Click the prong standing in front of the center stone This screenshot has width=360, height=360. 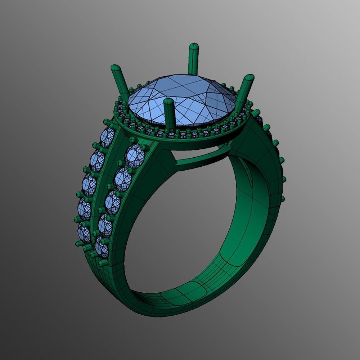168,115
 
